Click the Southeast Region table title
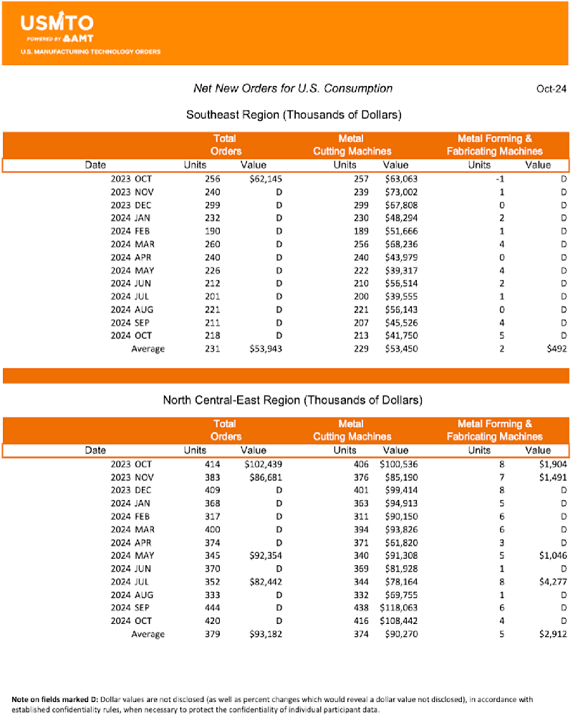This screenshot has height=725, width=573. coord(293,115)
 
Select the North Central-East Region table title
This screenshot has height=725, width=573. coord(293,399)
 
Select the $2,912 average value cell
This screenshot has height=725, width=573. coord(551,634)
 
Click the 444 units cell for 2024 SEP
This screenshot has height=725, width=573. coord(213,608)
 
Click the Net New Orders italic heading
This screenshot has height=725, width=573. coord(293,88)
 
